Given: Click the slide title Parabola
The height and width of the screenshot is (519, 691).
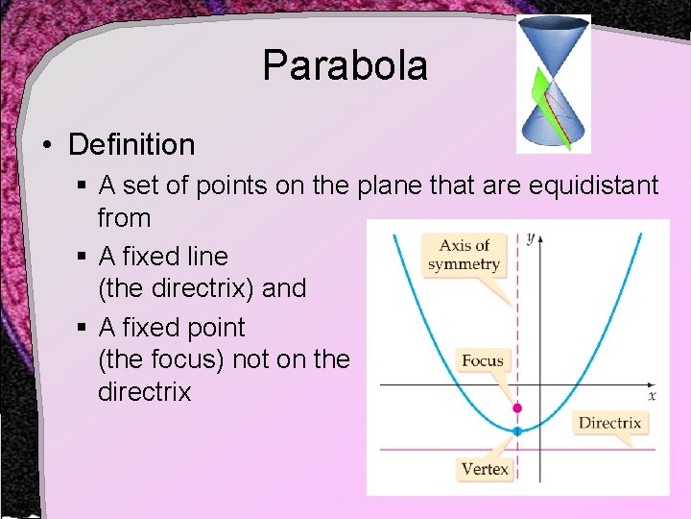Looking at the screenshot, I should (x=345, y=66).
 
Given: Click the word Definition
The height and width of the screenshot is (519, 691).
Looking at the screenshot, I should (x=131, y=145).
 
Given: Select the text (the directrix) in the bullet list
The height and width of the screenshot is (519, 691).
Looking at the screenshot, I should (x=202, y=288).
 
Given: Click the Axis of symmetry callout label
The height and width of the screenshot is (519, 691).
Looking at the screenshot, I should (x=464, y=255).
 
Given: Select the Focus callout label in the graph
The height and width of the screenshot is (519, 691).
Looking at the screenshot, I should (x=483, y=361).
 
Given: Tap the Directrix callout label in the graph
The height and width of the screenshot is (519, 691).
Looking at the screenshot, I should (x=609, y=423).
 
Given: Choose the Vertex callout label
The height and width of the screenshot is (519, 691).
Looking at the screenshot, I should (x=485, y=469).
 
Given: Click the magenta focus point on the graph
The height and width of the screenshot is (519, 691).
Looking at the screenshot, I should (x=517, y=408).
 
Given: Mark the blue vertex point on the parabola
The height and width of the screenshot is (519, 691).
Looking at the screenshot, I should (x=517, y=432).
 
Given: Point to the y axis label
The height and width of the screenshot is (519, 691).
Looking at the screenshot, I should (x=530, y=236).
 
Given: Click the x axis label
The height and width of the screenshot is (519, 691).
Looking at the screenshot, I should (x=652, y=395).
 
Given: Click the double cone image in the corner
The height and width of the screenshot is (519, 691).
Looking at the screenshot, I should (x=553, y=84).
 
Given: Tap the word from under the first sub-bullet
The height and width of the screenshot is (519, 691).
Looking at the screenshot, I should (x=124, y=218).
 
